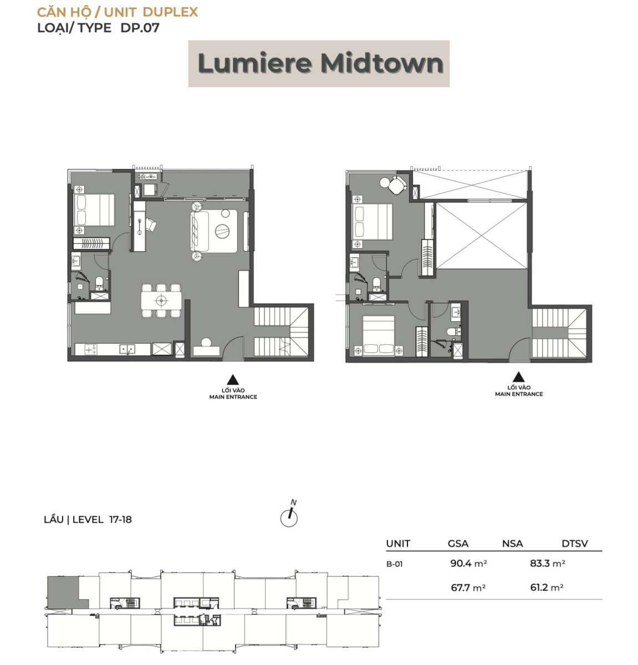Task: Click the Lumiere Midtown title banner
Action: [x=319, y=64]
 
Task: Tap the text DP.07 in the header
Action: [x=140, y=28]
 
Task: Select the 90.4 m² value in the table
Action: [x=468, y=563]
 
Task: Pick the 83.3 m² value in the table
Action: [x=548, y=563]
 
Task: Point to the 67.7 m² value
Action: [x=468, y=587]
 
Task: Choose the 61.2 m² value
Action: [x=547, y=587]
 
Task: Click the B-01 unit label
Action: [x=394, y=564]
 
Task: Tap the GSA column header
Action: [x=458, y=543]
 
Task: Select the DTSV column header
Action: [x=575, y=543]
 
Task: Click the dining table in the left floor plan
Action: [x=161, y=301]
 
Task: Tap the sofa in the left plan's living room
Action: [x=200, y=231]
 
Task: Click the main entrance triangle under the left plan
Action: [x=233, y=380]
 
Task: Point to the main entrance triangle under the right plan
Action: [x=518, y=377]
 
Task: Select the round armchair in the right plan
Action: [x=397, y=185]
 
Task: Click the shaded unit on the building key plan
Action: [x=63, y=592]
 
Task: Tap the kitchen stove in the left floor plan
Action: [x=90, y=349]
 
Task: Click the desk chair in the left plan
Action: [x=151, y=224]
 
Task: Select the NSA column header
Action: [x=512, y=543]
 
